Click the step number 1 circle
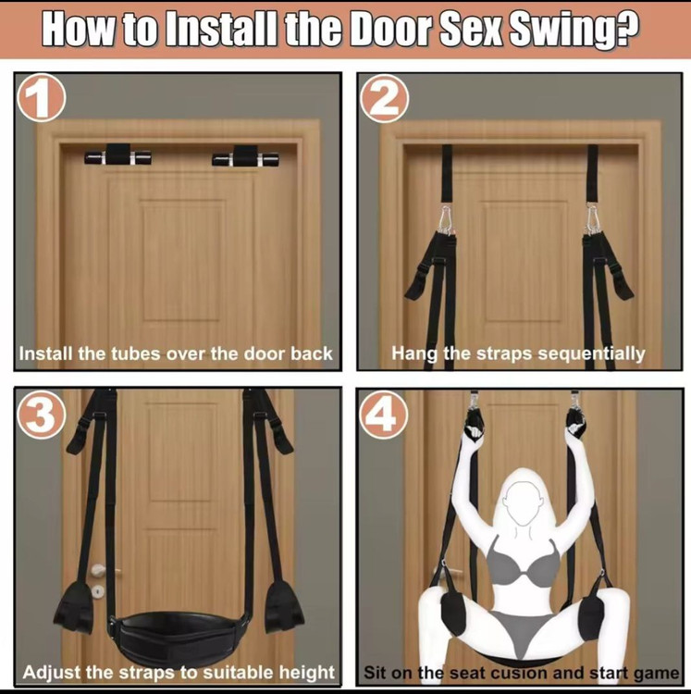coord(41,97)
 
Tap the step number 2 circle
coord(384,98)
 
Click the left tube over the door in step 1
coord(117,155)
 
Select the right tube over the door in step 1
coord(245,155)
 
